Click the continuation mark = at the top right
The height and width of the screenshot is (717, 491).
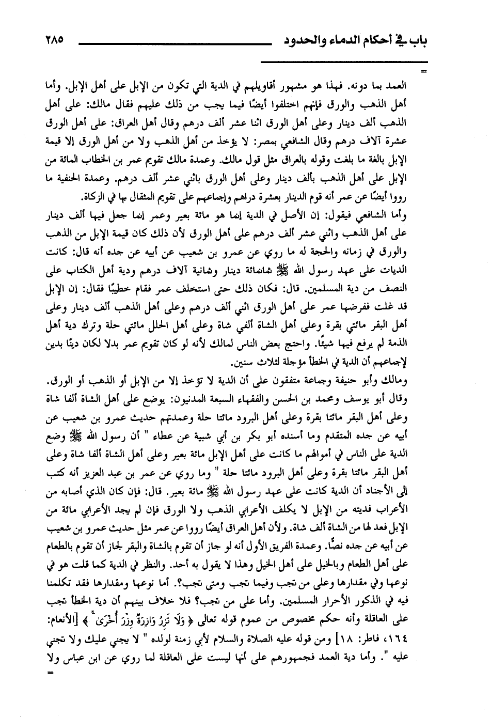(x=424, y=71)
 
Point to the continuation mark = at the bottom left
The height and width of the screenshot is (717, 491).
(x=50, y=674)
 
